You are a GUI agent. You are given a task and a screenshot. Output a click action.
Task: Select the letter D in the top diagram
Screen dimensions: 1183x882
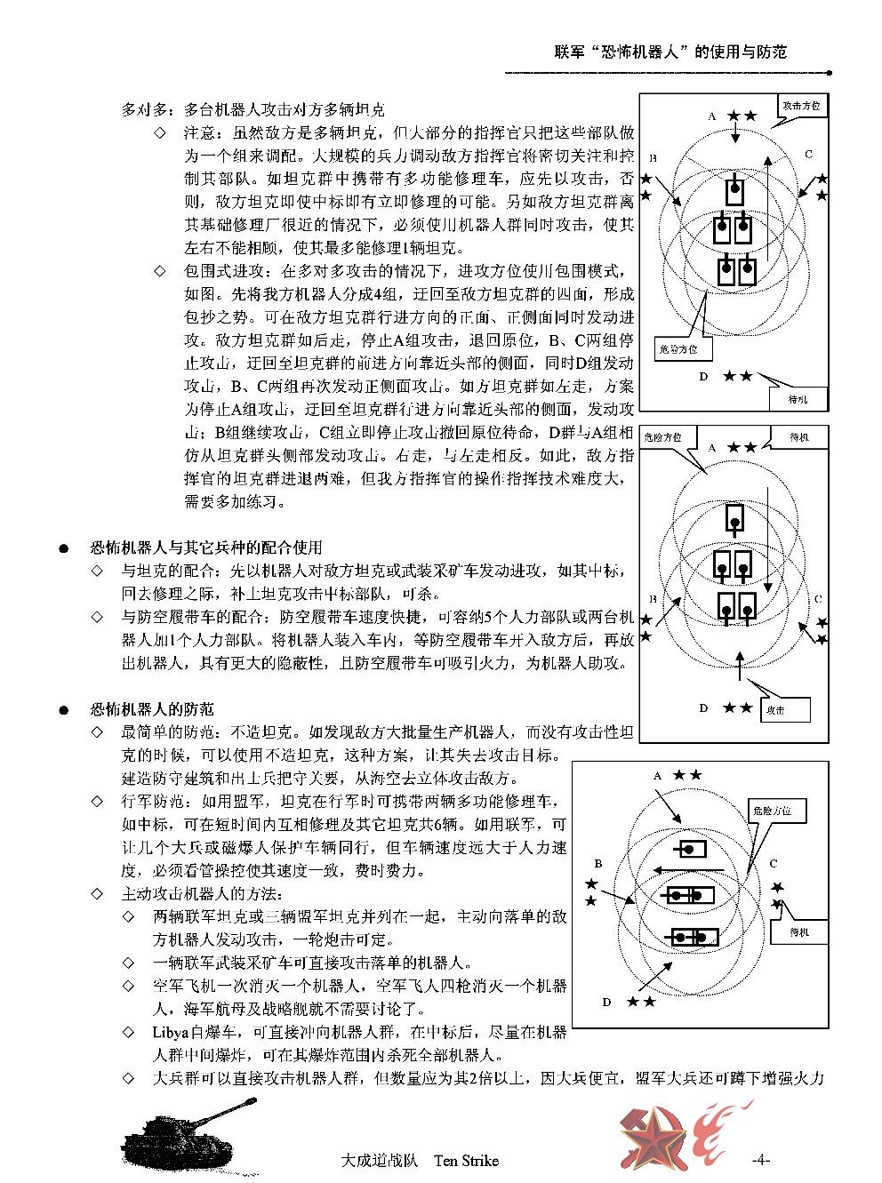(x=702, y=377)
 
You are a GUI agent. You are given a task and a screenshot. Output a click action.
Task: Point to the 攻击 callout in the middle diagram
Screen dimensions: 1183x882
(x=786, y=709)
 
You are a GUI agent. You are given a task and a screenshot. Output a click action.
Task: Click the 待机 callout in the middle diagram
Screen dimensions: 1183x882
(x=802, y=437)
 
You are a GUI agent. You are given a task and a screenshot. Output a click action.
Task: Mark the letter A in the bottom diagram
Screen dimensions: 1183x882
(x=657, y=776)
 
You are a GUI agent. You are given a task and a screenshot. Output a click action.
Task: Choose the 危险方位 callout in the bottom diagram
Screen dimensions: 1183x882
(x=777, y=811)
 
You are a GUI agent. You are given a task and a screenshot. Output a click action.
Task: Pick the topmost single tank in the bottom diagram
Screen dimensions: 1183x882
(x=691, y=850)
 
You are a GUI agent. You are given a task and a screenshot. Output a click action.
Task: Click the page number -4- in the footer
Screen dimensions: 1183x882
(x=760, y=1160)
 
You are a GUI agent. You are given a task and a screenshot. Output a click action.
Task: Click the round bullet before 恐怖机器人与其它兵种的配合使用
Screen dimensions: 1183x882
(x=65, y=548)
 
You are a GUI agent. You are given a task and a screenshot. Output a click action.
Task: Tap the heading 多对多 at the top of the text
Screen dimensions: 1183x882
(x=141, y=110)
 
